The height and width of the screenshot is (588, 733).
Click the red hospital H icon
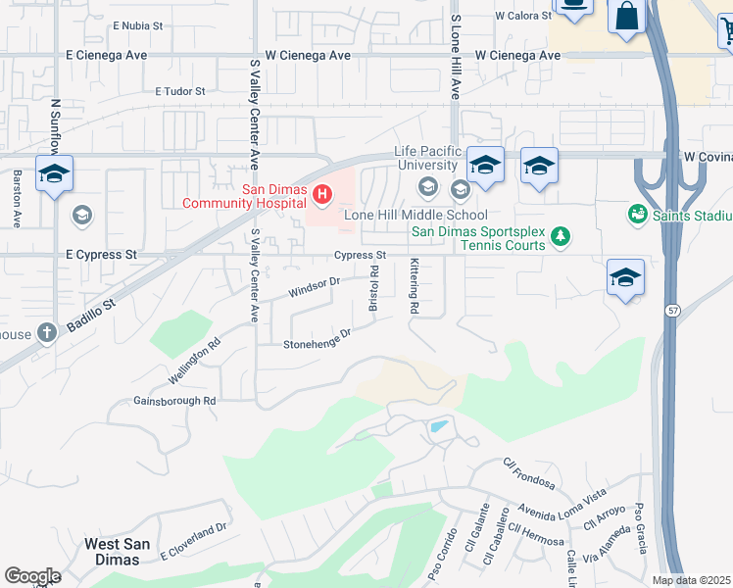[322, 196]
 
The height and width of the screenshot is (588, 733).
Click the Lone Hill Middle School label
[415, 215]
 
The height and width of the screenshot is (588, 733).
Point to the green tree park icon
[561, 235]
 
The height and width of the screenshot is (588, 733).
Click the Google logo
[32, 576]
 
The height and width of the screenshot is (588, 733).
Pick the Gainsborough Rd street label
[174, 401]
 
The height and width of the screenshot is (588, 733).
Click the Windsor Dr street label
[314, 286]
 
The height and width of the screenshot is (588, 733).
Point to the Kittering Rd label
[415, 286]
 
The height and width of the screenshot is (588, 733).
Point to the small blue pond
[439, 427]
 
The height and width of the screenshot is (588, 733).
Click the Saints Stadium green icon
[637, 214]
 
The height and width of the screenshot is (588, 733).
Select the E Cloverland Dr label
[193, 542]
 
